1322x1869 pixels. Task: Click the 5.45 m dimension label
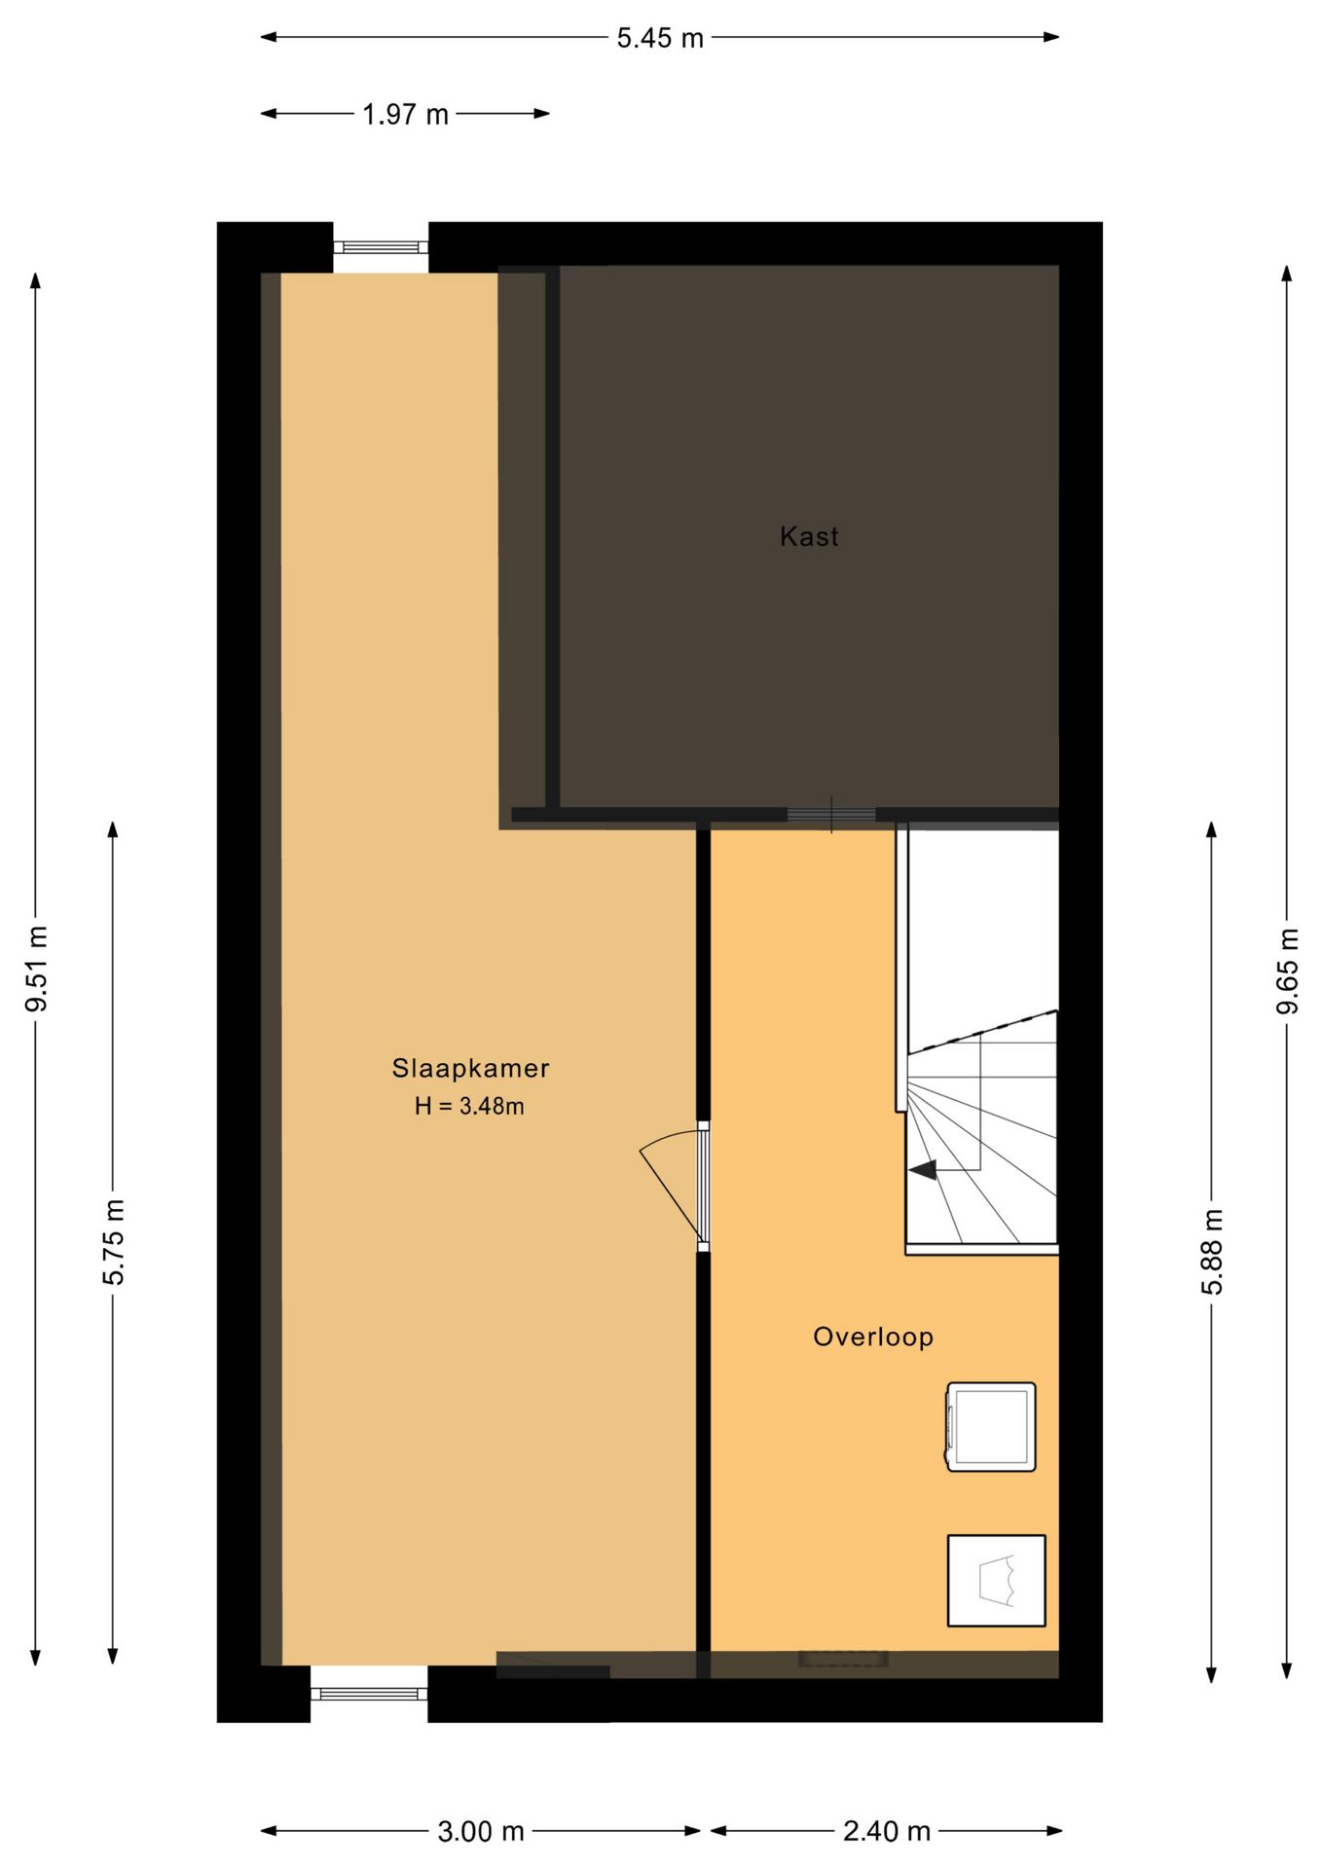[x=659, y=39]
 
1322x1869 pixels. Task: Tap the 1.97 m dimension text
[x=405, y=115]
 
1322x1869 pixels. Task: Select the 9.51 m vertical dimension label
[x=37, y=969]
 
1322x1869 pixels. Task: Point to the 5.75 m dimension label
[x=114, y=1242]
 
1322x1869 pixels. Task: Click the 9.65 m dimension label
[x=1288, y=971]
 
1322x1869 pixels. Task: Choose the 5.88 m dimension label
[x=1212, y=1252]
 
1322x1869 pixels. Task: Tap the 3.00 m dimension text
[x=481, y=1832]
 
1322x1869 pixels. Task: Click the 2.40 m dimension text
[x=887, y=1832]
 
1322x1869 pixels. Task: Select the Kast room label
[x=809, y=536]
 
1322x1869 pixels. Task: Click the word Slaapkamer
[x=471, y=1069]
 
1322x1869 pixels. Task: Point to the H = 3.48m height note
[x=469, y=1107]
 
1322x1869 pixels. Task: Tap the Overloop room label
[x=873, y=1337]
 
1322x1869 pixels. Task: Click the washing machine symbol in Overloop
[x=991, y=1426]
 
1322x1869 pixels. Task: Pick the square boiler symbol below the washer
[x=997, y=1581]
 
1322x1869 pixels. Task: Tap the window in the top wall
[x=381, y=247]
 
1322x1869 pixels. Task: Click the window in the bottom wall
[x=369, y=1694]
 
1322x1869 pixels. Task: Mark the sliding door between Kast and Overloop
[x=831, y=815]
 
